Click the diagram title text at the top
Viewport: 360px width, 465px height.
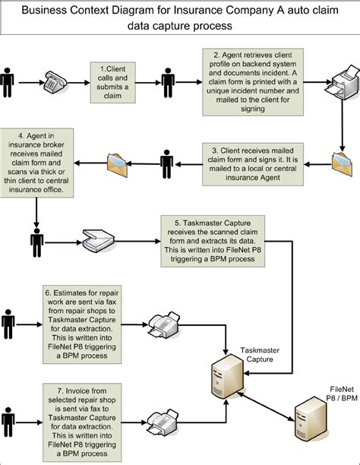(180, 18)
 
